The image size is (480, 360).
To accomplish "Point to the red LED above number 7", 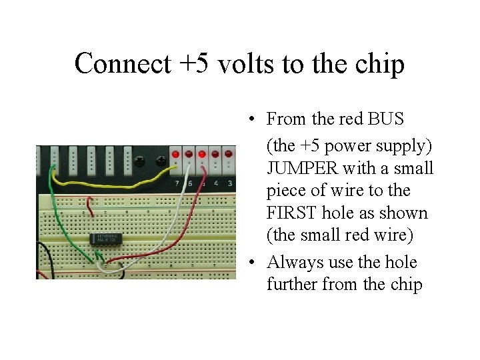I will tap(175, 154).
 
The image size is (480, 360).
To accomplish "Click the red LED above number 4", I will tap(215, 154).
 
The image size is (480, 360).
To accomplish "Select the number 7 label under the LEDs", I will tap(176, 183).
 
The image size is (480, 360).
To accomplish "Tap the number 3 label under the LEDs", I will tap(229, 183).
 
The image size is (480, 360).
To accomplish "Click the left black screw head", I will tap(139, 161).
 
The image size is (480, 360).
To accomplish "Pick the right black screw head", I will tap(160, 161).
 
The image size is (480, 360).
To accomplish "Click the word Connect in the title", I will tap(113, 65).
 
